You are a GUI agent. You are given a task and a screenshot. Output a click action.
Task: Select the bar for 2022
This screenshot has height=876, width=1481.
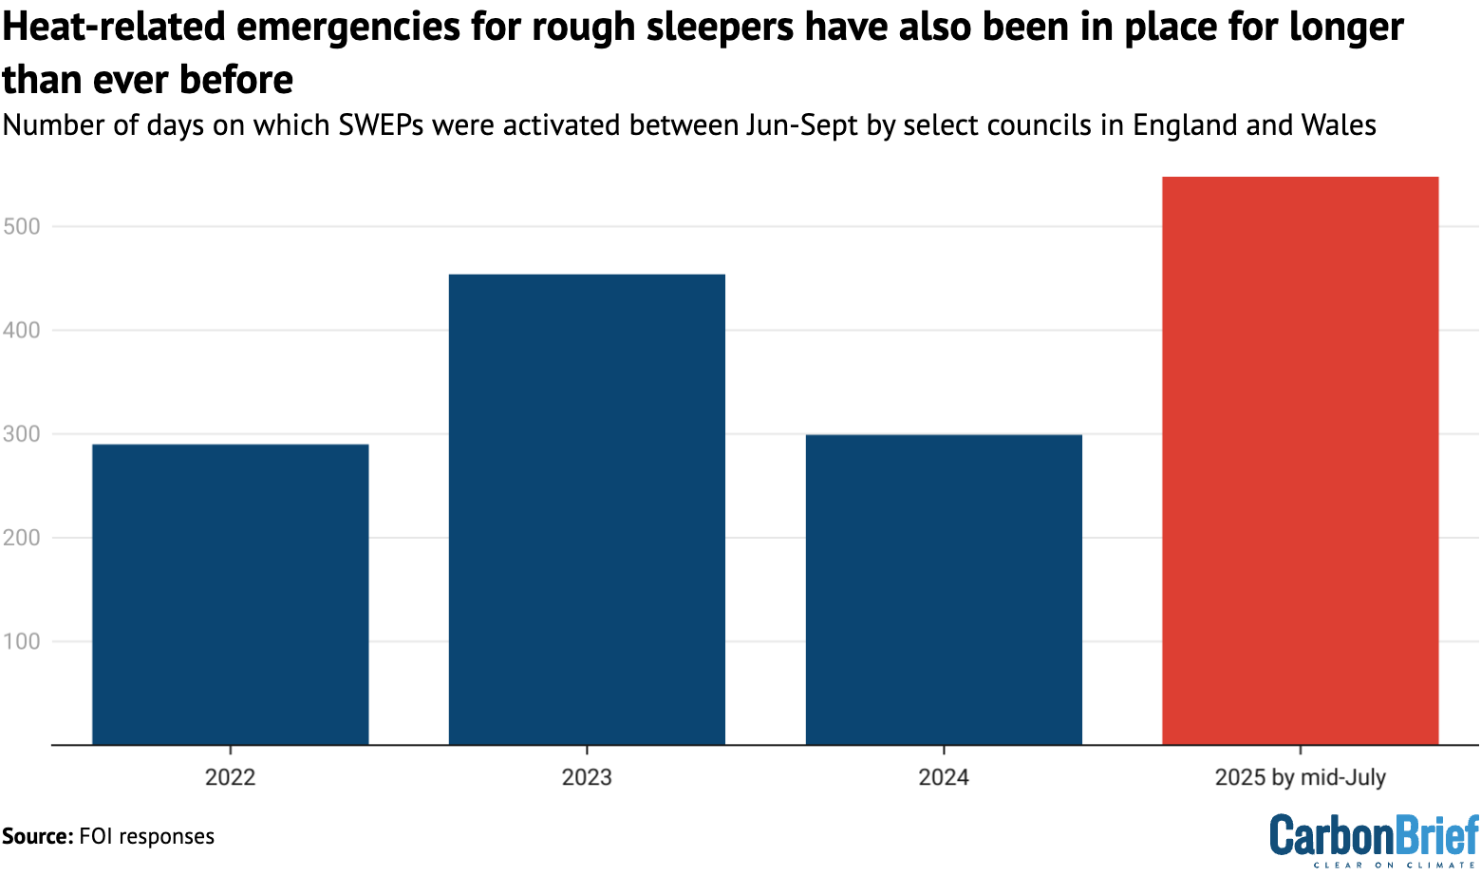230,594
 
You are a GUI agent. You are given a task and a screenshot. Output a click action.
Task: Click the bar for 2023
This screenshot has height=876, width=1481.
587,509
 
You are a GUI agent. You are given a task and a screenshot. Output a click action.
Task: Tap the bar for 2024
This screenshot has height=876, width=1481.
944,589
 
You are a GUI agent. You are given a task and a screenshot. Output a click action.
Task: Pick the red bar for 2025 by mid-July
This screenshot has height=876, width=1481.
1300,461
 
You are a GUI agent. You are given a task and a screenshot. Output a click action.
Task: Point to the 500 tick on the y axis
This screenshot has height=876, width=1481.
20,226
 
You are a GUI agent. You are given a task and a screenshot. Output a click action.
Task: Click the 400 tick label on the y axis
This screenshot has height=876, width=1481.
20,331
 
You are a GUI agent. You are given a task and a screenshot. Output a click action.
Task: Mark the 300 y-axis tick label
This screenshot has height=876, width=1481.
20,434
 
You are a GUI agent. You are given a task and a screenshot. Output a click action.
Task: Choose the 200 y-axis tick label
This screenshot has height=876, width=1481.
20,538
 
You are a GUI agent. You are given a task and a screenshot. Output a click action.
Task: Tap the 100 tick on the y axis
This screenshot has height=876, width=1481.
20,641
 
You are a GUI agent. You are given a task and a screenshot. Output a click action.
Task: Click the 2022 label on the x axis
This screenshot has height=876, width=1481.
230,777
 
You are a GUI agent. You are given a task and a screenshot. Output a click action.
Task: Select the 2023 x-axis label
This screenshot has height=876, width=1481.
587,777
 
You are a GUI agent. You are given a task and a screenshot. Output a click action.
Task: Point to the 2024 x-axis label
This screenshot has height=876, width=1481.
944,777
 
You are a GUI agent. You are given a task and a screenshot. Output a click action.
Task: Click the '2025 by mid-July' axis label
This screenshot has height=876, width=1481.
1300,777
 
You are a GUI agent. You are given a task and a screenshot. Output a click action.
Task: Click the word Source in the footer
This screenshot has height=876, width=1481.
36,836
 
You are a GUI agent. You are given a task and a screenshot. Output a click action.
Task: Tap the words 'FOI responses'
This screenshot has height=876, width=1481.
147,836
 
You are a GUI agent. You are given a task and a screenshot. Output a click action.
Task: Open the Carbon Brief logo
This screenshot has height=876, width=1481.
1374,839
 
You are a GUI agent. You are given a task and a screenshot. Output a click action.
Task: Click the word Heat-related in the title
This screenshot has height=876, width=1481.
113,29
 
